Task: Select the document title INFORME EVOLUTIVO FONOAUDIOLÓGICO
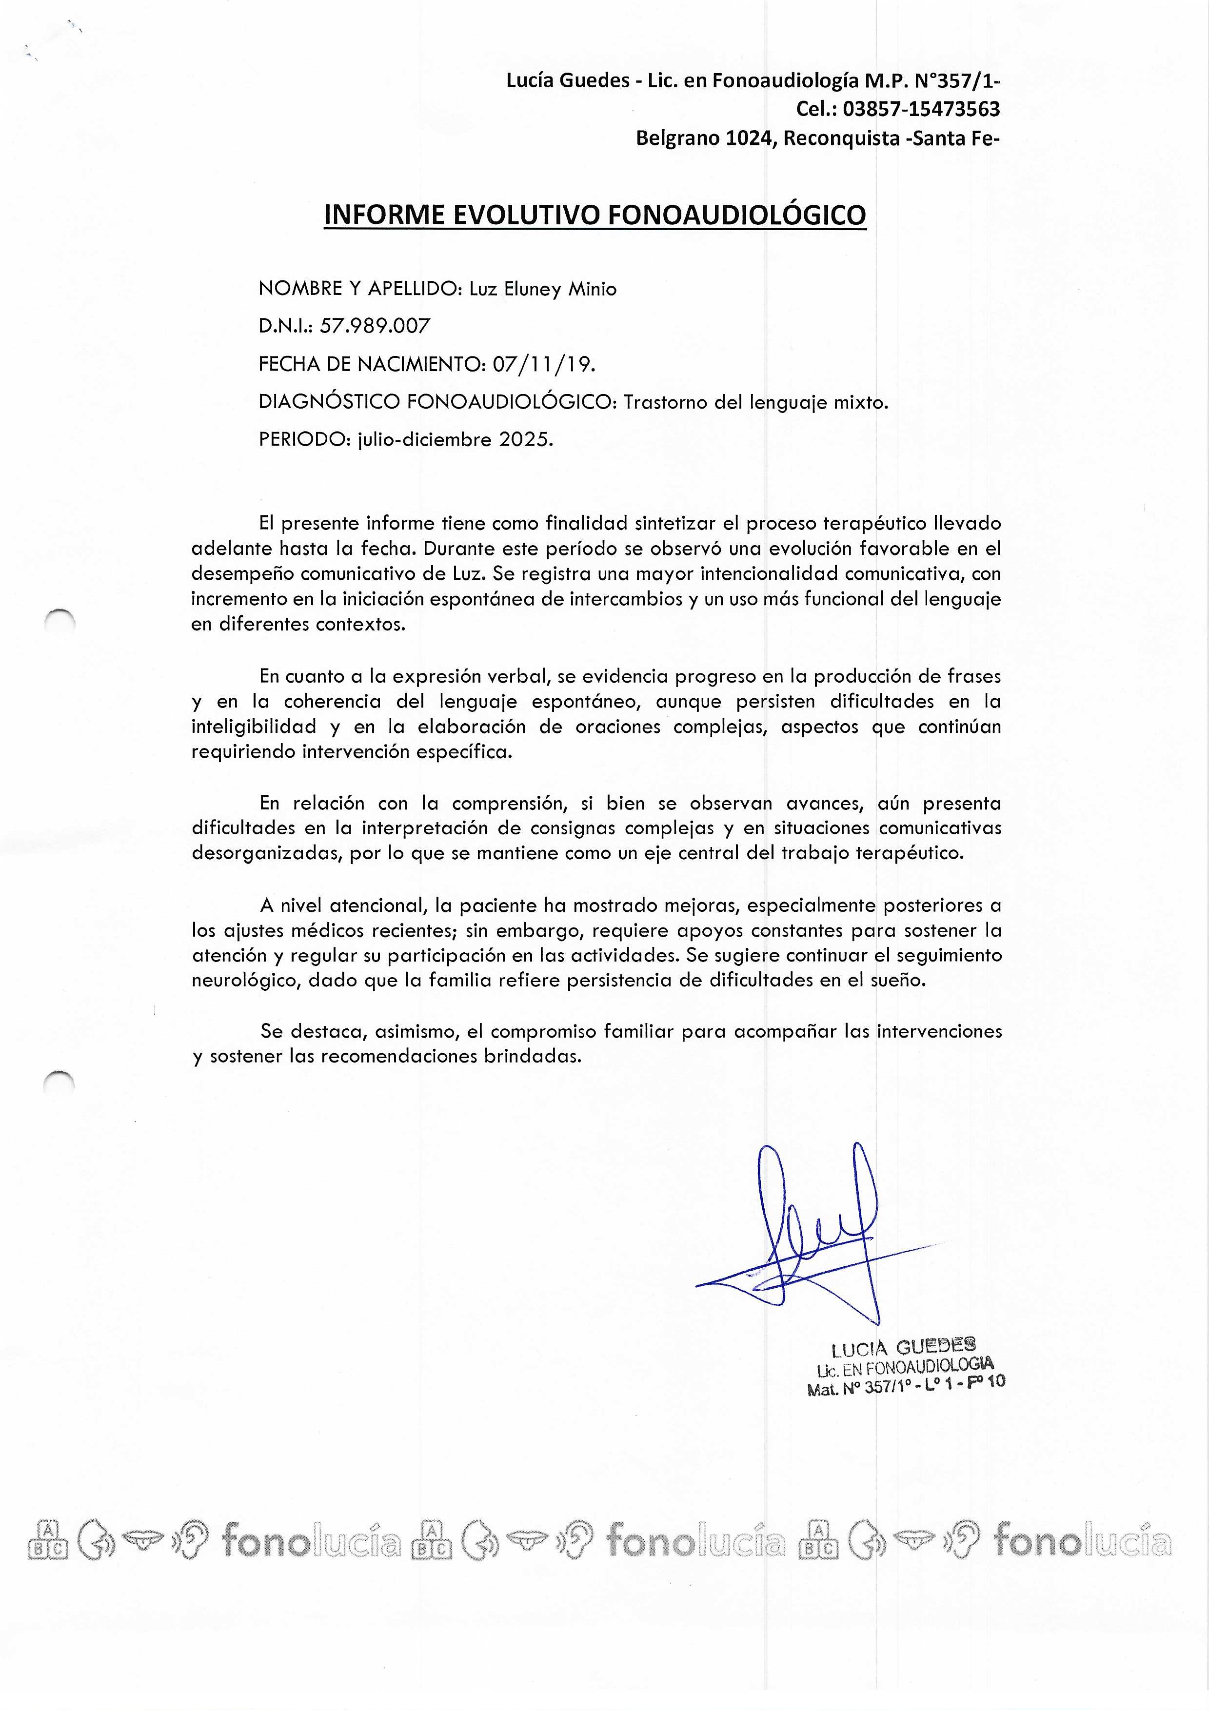(595, 215)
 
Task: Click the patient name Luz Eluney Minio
(543, 289)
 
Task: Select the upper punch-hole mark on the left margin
(59, 619)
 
